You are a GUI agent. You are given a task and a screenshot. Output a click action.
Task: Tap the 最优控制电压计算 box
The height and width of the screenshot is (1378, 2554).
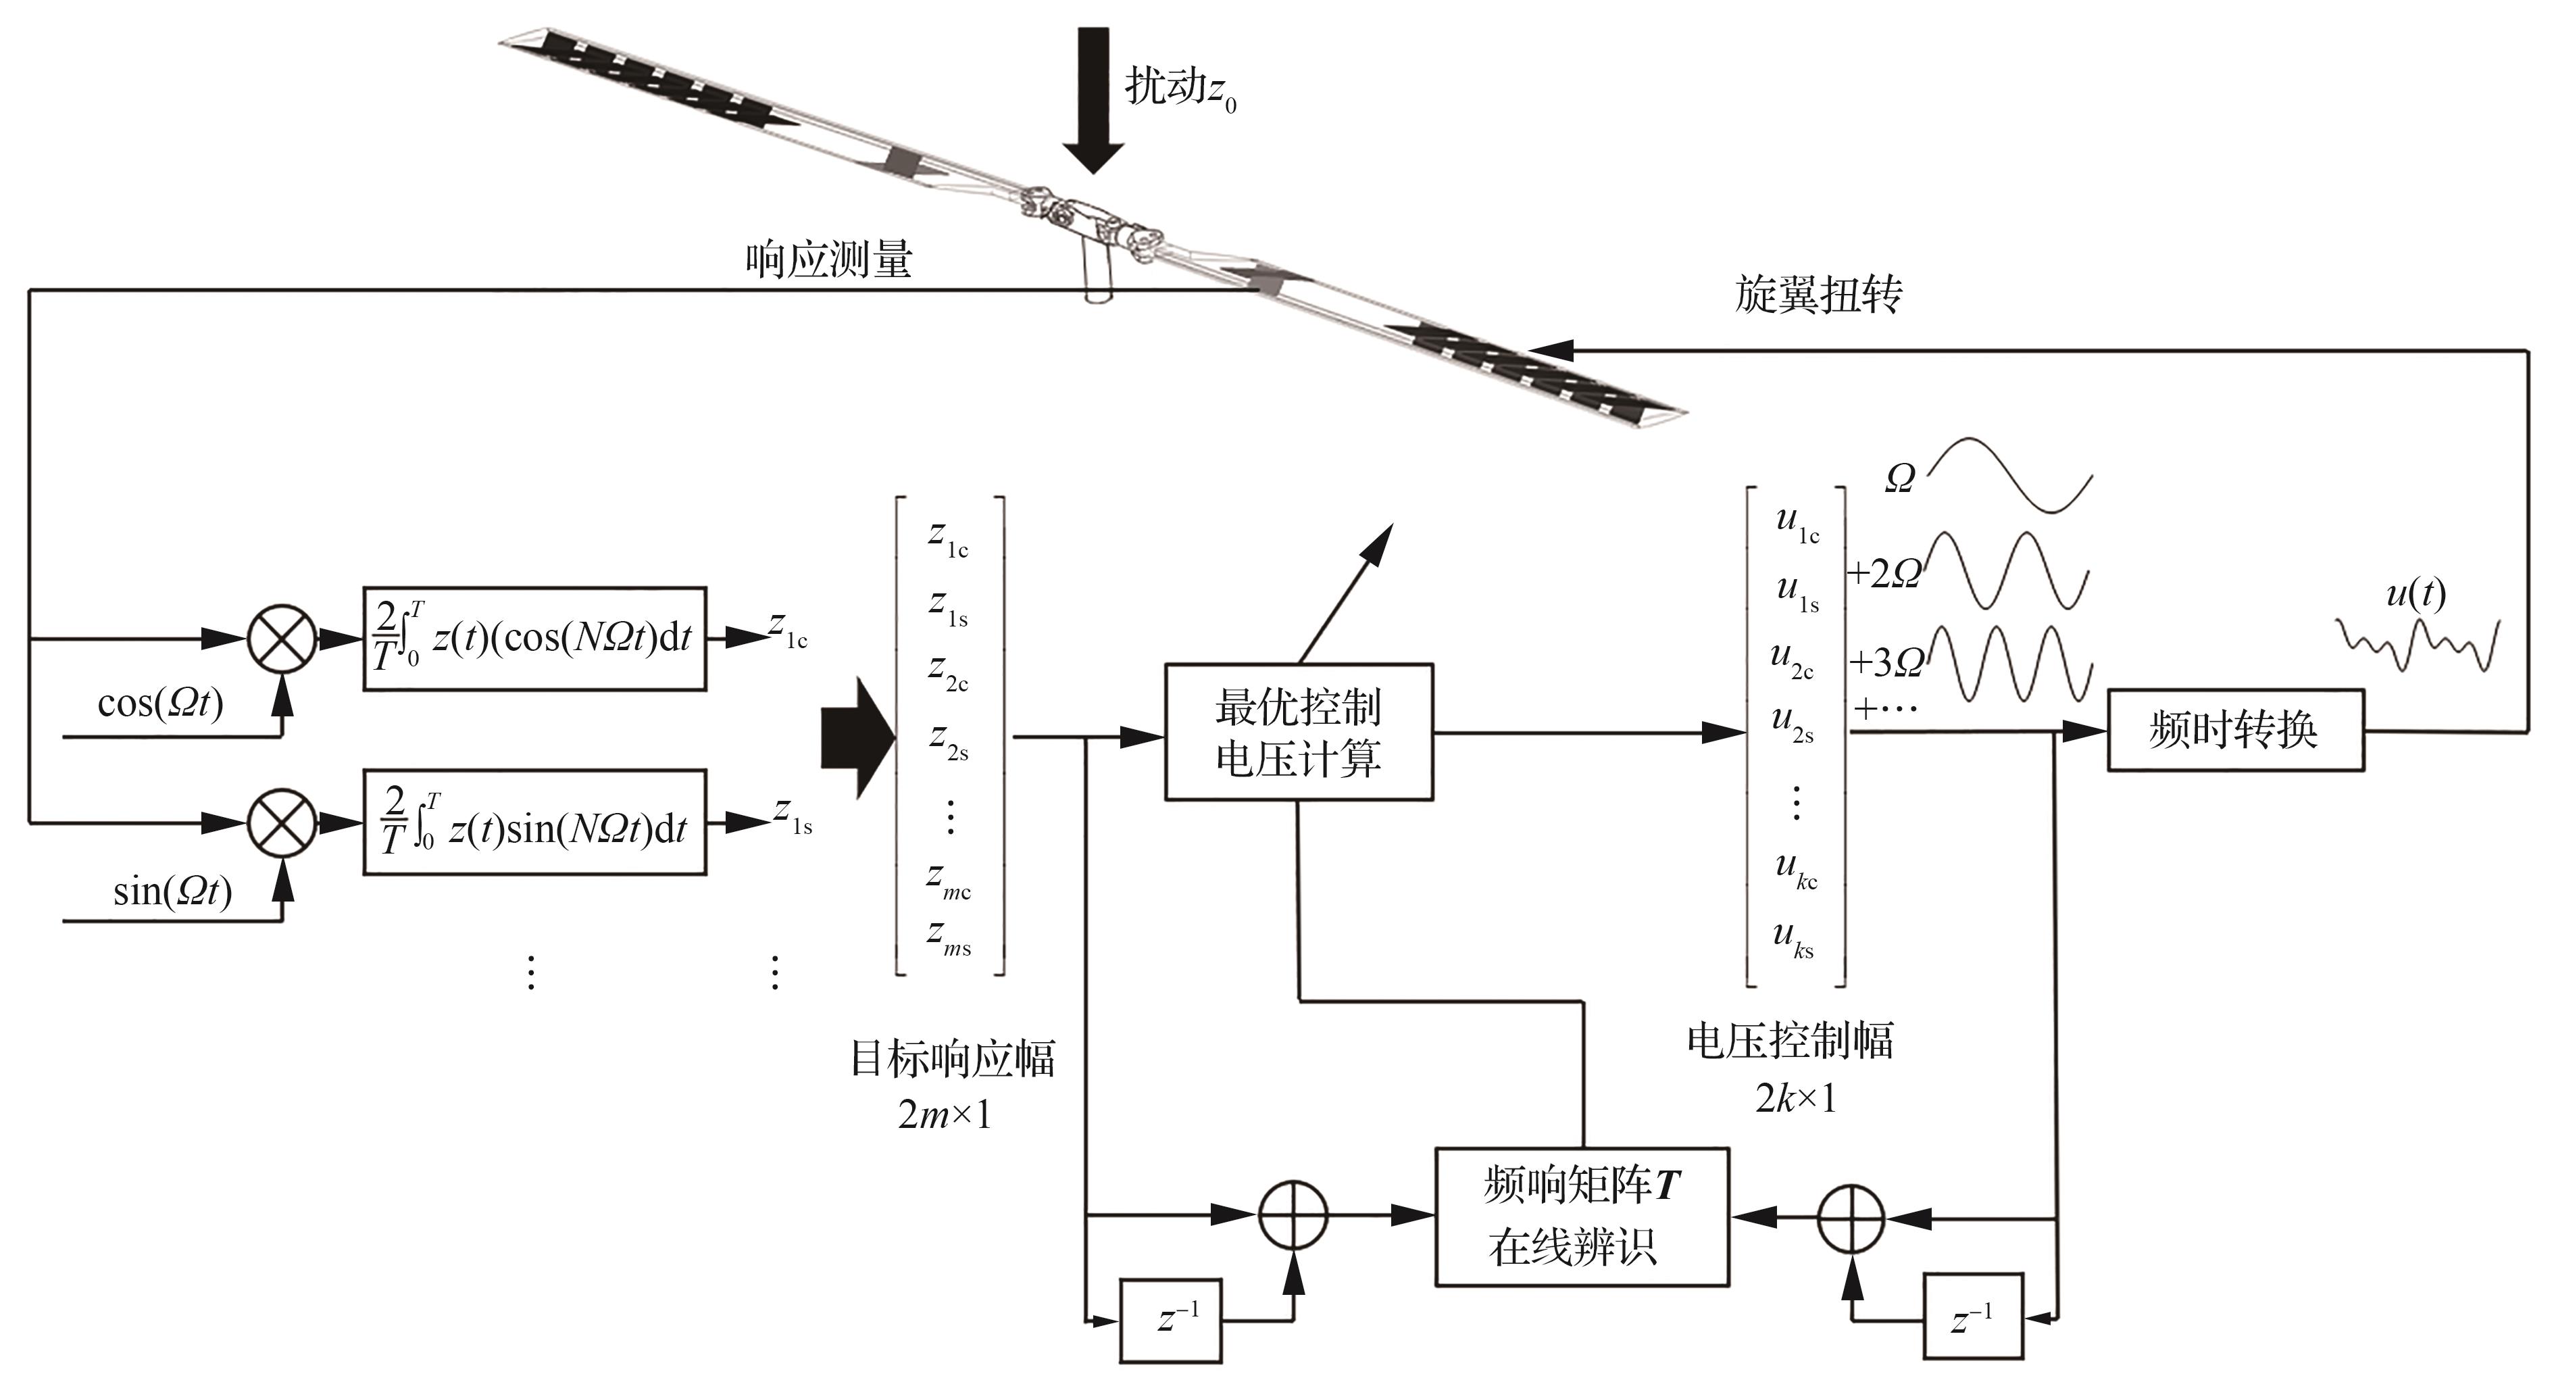pyautogui.click(x=1298, y=732)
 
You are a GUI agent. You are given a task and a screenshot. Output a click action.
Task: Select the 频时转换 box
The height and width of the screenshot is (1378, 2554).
pyautogui.click(x=2235, y=731)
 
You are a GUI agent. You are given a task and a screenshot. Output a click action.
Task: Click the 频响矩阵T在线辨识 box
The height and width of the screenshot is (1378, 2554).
pyautogui.click(x=1582, y=1216)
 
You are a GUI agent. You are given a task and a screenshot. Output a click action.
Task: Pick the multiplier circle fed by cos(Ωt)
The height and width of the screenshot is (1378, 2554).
pyautogui.click(x=282, y=639)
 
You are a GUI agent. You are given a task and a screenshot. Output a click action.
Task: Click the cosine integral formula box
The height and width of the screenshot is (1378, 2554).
pyautogui.click(x=534, y=639)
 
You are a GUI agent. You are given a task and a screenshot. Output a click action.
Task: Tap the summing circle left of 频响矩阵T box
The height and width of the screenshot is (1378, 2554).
pyautogui.click(x=1293, y=1214)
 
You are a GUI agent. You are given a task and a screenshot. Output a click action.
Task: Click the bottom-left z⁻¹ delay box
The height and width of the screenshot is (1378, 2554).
pyautogui.click(x=1171, y=1321)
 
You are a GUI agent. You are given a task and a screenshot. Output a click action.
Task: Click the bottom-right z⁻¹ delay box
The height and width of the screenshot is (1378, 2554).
pyautogui.click(x=1973, y=1317)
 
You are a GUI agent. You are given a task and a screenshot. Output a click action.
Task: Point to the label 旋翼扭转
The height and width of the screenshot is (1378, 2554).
pyautogui.click(x=1818, y=295)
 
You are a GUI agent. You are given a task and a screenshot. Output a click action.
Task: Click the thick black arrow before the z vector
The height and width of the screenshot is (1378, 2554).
pyautogui.click(x=857, y=737)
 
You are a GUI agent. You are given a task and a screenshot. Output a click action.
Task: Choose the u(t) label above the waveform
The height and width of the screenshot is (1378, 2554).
pyautogui.click(x=2415, y=593)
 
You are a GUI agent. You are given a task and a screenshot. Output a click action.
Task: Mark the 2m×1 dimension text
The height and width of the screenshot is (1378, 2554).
pyautogui.click(x=944, y=1115)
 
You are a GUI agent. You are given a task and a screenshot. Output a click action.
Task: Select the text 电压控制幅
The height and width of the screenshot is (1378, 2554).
pyautogui.click(x=1790, y=1041)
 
